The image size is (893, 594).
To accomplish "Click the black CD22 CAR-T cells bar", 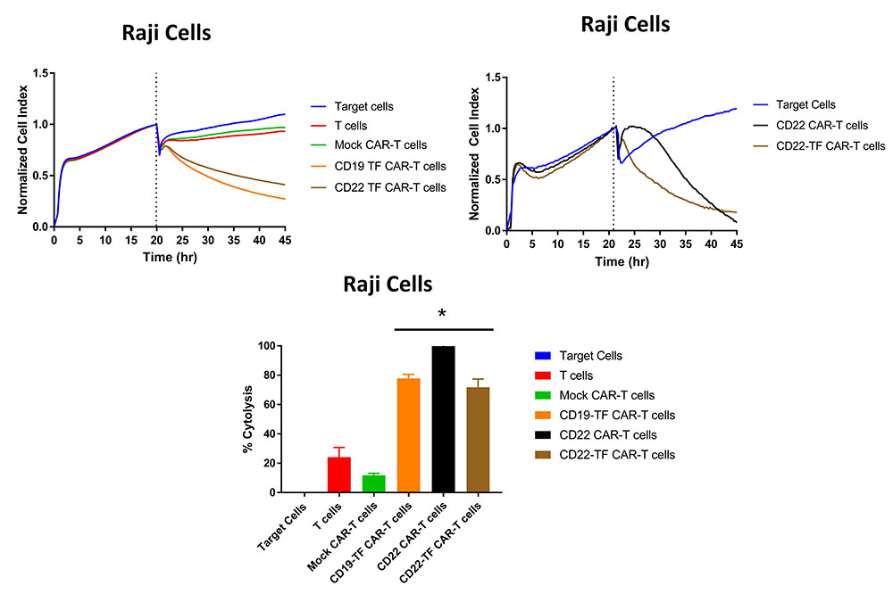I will tap(443, 419).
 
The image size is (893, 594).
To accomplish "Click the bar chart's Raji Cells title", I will tap(388, 285).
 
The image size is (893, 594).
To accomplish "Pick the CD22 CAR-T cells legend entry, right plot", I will tap(822, 125).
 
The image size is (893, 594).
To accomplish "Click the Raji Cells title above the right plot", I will tap(625, 24).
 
